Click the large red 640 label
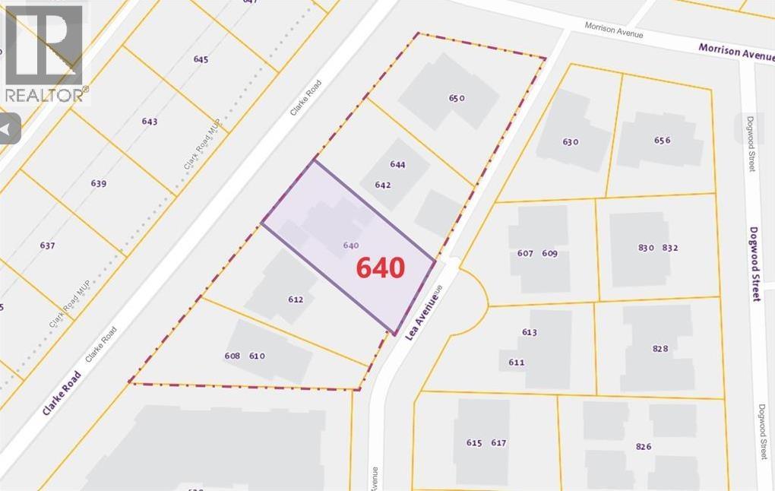coord(381,268)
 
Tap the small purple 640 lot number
coord(351,245)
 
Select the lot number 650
coord(457,97)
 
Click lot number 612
coord(296,299)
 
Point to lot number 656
coord(662,140)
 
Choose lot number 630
coord(571,141)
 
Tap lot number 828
coord(660,348)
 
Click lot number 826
coord(644,446)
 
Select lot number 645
coord(201,59)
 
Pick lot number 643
coord(150,122)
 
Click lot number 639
coord(98,183)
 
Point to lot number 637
coord(47,245)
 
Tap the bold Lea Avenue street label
coord(422,313)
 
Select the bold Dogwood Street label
coord(755,264)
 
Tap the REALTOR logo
coord(43,53)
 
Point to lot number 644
coord(397,164)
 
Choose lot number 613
coord(530,332)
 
